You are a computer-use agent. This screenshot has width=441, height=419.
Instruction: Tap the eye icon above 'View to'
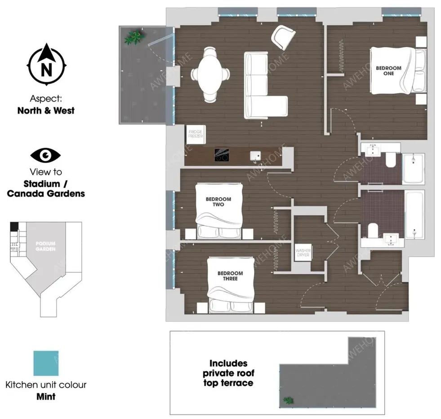pos(45,155)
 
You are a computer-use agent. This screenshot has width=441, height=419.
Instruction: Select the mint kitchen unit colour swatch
pos(46,363)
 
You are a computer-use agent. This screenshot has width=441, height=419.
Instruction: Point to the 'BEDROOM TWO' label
pos(218,202)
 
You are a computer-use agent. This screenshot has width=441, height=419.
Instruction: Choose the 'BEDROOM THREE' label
pos(230,276)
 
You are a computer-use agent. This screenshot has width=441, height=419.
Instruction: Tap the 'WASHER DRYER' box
pos(303,254)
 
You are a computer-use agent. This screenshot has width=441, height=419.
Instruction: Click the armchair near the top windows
pos(283,37)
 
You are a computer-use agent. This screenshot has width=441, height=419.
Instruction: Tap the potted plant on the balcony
pos(134,36)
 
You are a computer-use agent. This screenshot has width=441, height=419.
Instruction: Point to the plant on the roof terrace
pos(288,400)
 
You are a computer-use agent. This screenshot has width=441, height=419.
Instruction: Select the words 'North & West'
pos(46,110)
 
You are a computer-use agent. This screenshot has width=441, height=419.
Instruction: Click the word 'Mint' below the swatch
pos(46,397)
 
